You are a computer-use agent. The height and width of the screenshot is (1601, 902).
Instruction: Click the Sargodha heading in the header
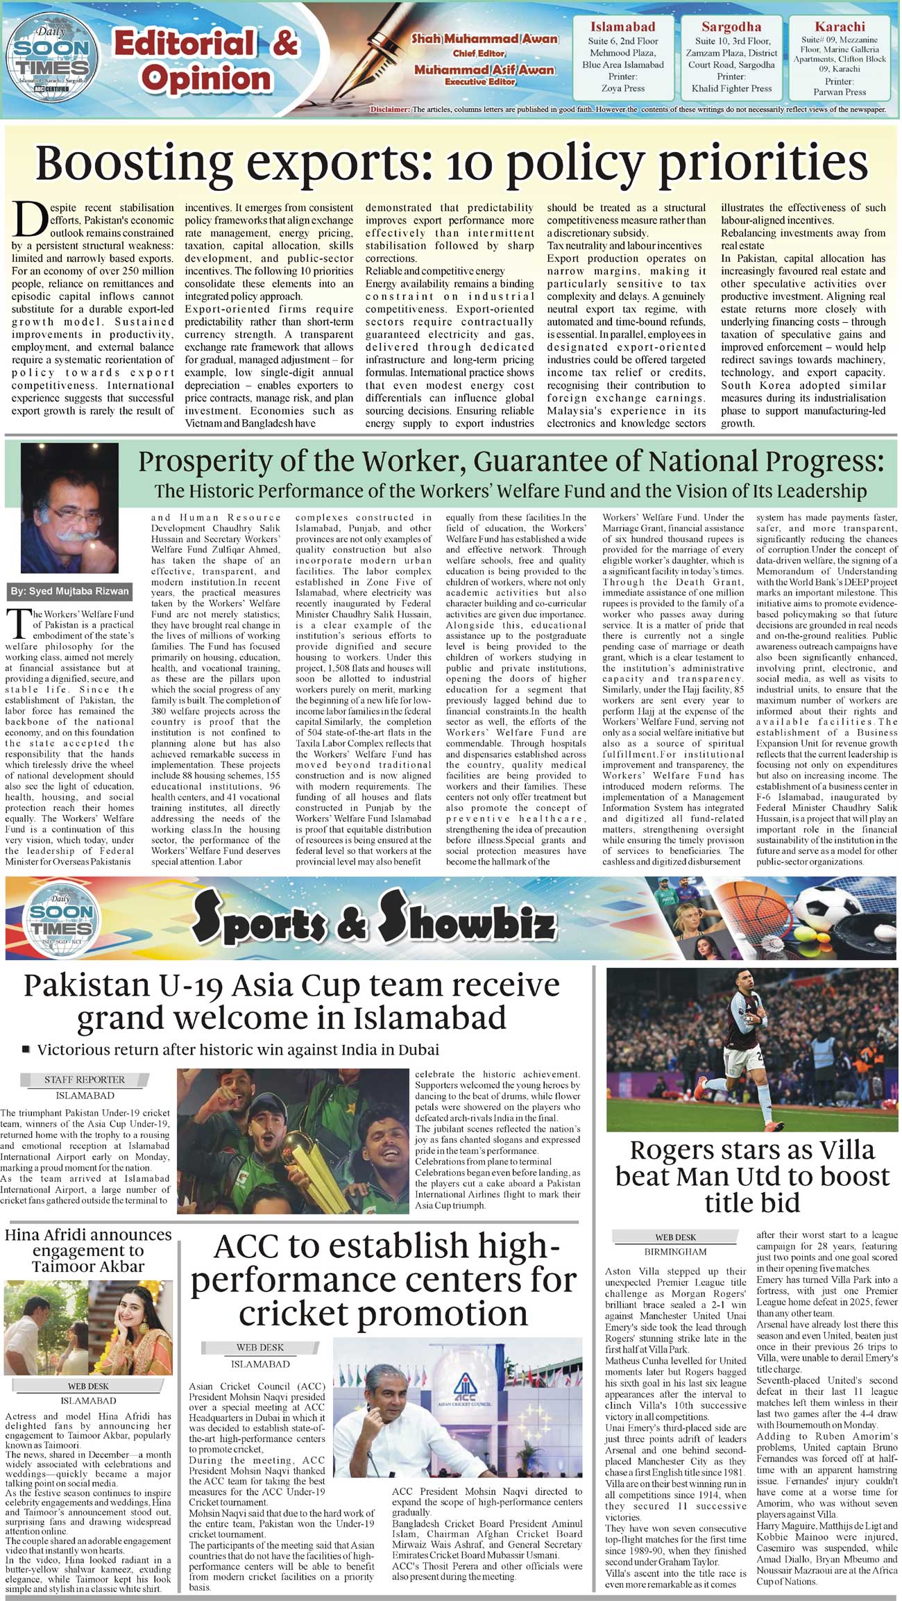(731, 27)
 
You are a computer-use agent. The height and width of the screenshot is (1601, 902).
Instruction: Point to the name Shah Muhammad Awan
(484, 39)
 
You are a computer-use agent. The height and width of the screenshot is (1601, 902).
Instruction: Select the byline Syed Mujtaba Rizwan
(69, 592)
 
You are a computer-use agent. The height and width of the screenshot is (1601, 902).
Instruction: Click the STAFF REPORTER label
(85, 1080)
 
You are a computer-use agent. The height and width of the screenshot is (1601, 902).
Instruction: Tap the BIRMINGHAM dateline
(675, 1252)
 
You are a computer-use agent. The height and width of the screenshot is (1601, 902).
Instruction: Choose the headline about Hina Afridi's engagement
(88, 1250)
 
